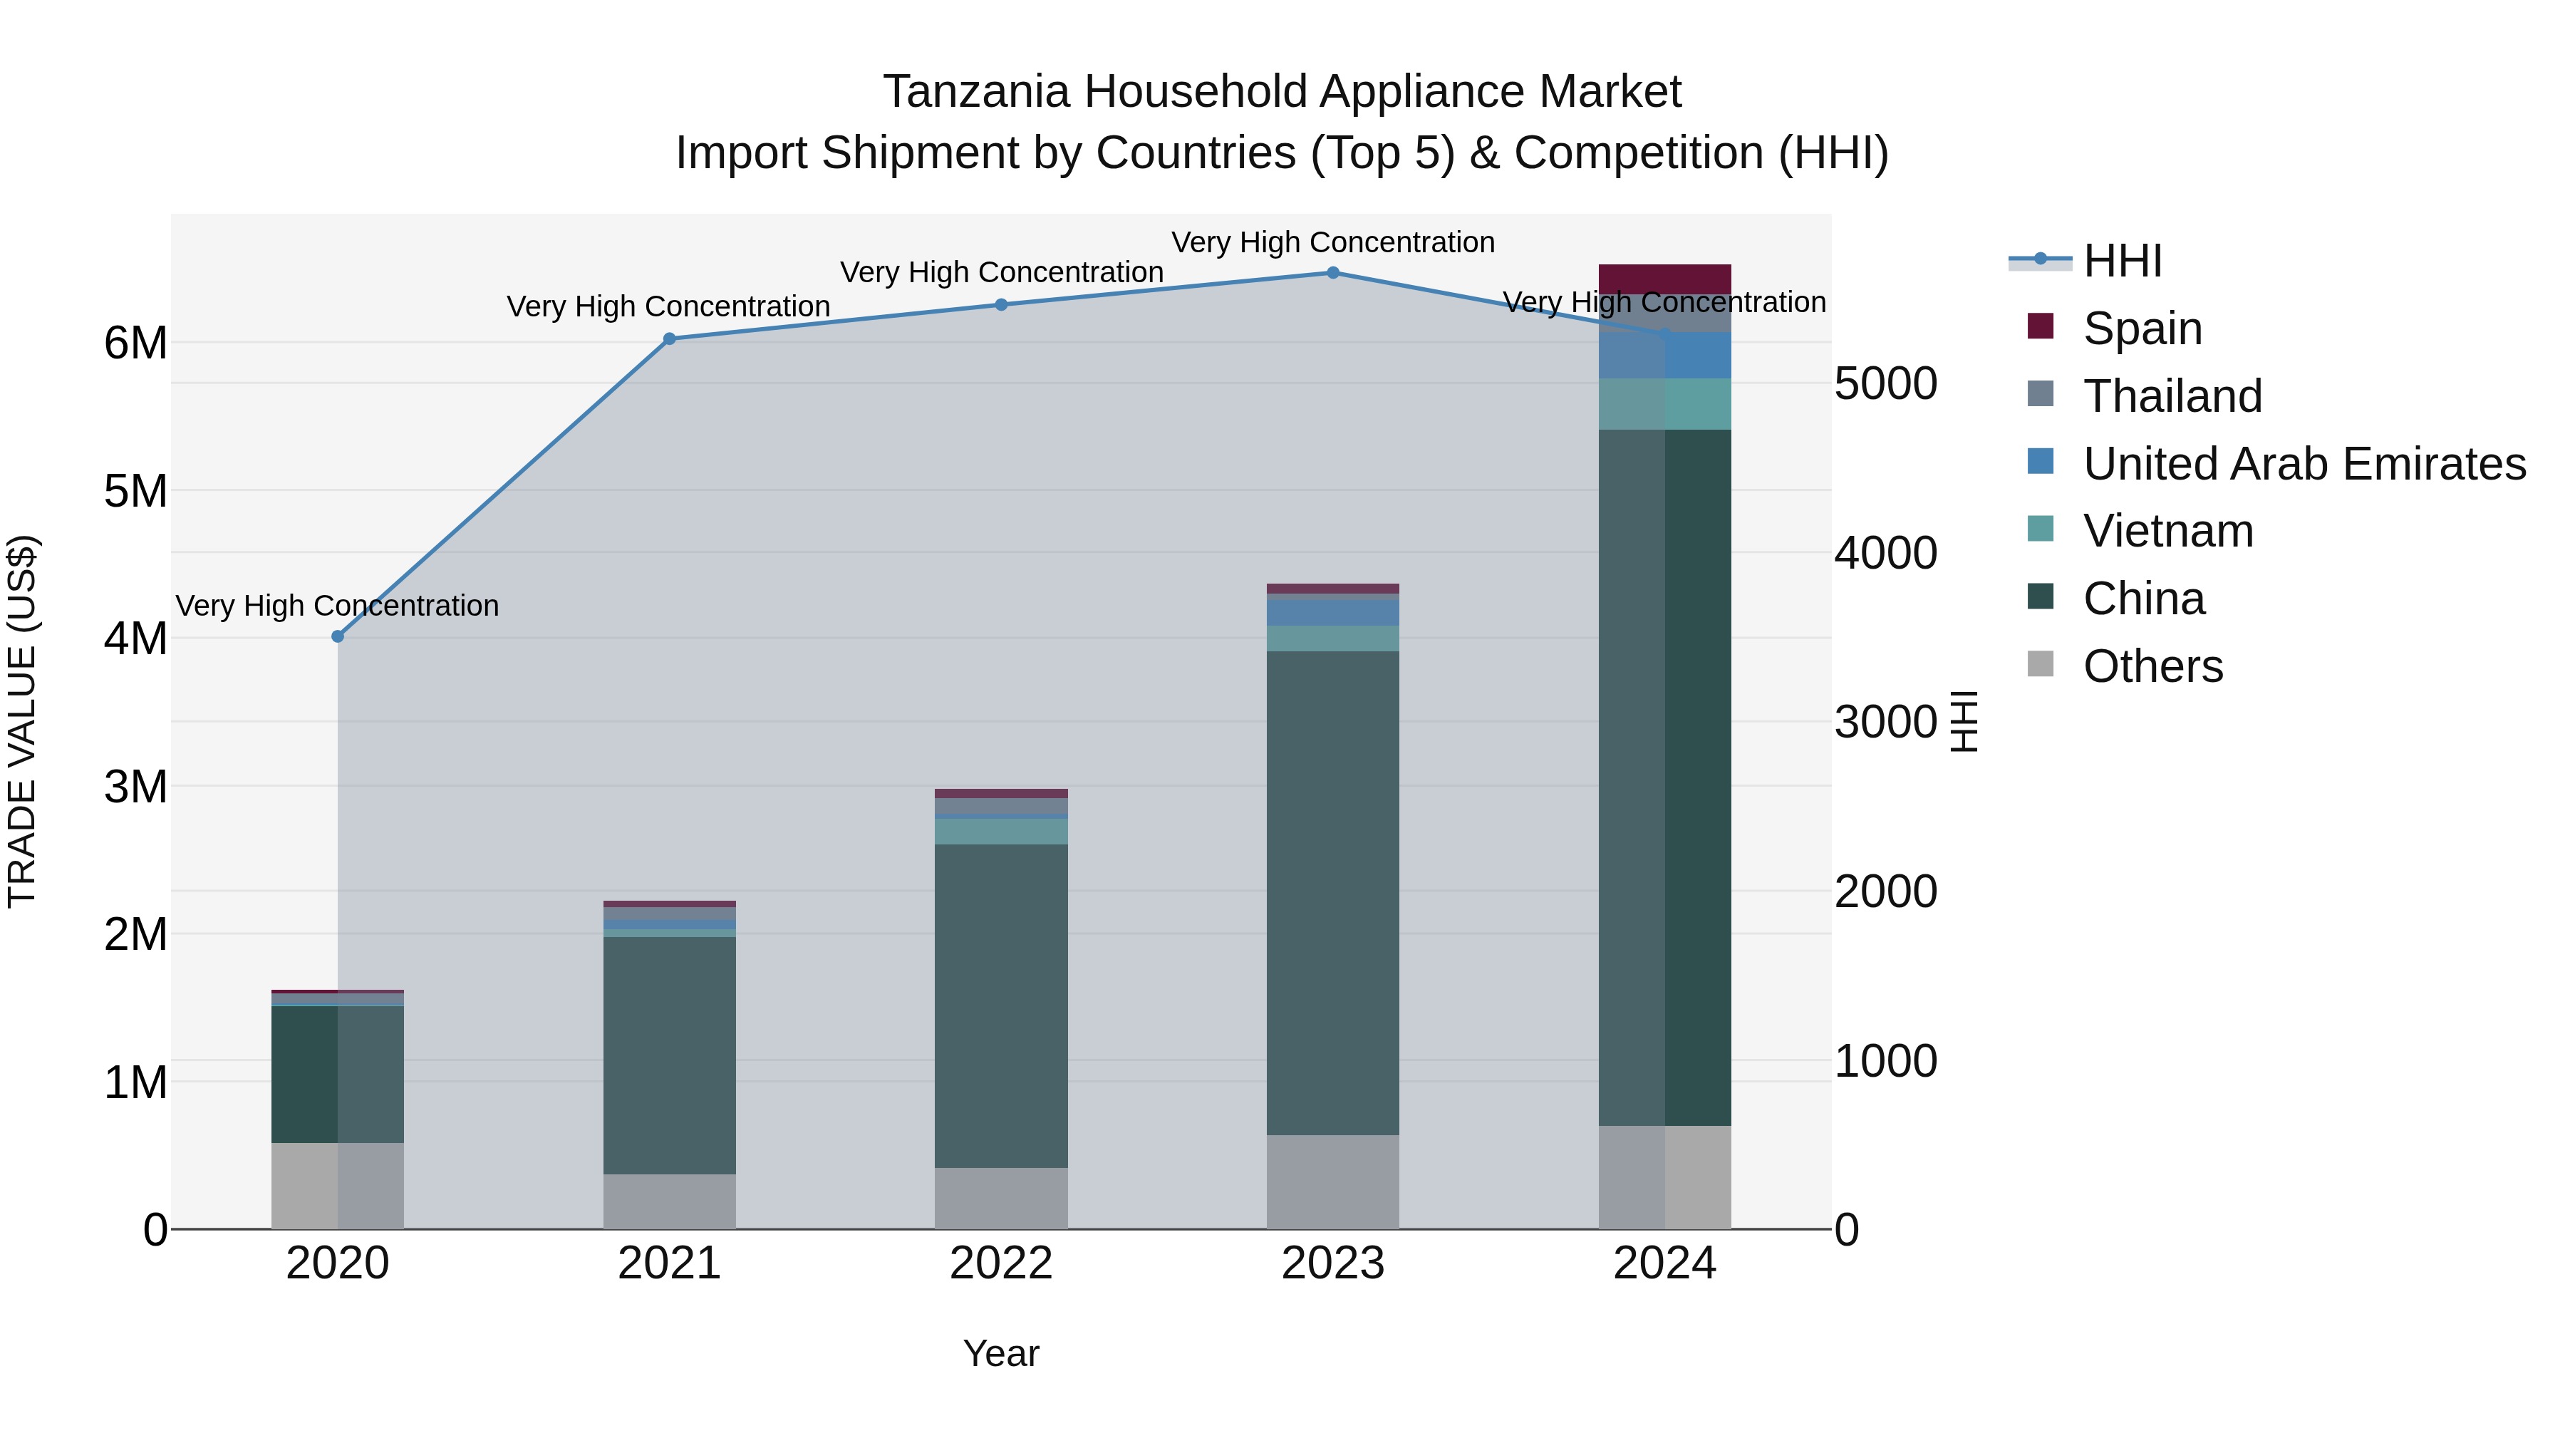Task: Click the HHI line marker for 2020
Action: [x=338, y=636]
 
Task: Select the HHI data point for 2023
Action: [x=1332, y=273]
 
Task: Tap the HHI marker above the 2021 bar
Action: [x=669, y=338]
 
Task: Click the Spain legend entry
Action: [x=2142, y=329]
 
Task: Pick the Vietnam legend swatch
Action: [x=2041, y=529]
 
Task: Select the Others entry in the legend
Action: [x=2152, y=666]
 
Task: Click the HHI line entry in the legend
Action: [x=2121, y=261]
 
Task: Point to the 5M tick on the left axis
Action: [x=135, y=491]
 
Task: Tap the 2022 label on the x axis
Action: [x=1001, y=1263]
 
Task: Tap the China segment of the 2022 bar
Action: [x=1001, y=1005]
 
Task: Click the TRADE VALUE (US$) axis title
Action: [x=22, y=721]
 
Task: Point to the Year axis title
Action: [x=1001, y=1353]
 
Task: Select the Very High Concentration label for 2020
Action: [x=338, y=606]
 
